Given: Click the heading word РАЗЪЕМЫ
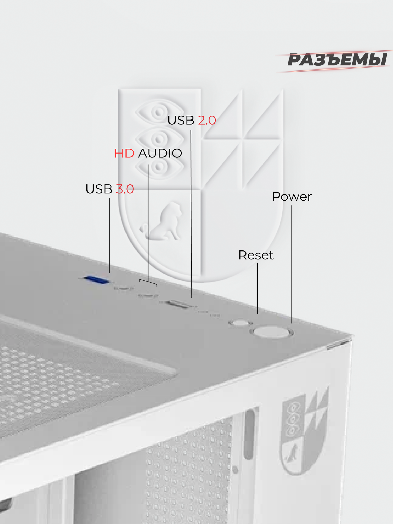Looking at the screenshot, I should click(337, 60).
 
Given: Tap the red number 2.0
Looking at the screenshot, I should click(207, 121).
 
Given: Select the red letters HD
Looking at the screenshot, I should click(124, 154).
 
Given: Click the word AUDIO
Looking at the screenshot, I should click(160, 154).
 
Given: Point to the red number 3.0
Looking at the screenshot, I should click(125, 189).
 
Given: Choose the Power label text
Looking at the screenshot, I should click(292, 197).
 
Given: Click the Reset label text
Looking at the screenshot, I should click(256, 255).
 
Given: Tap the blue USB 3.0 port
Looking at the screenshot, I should click(96, 280).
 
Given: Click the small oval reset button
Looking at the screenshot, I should click(240, 323).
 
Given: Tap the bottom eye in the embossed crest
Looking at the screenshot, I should click(159, 167).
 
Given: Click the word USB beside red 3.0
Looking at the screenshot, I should click(99, 189).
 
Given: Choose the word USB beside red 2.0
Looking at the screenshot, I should click(181, 121).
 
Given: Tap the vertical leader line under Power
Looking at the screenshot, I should click(292, 262).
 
